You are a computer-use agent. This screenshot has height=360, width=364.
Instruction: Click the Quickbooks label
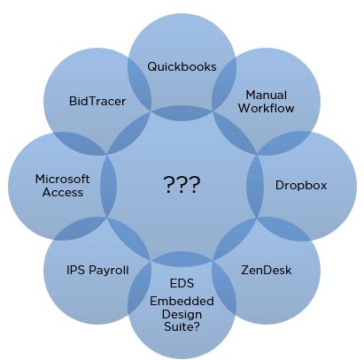182,66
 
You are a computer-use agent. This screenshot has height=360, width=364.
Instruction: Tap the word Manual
267,96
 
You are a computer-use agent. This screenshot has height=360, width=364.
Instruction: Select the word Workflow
267,108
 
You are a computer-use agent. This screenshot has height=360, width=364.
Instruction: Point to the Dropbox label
301,186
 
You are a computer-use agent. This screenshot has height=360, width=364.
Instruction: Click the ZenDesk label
267,270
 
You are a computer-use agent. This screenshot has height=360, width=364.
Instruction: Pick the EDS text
182,283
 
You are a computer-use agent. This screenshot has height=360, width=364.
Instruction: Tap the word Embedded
182,302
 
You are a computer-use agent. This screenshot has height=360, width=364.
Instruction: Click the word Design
182,314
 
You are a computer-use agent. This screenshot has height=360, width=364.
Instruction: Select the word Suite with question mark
182,326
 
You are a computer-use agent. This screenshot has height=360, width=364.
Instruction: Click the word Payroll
109,271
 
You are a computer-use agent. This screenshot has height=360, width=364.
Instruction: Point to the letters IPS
76,270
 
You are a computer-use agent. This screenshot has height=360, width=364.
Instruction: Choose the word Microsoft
62,179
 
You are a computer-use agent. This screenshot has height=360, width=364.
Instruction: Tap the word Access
62,192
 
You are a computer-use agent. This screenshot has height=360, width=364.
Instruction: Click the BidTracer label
97,101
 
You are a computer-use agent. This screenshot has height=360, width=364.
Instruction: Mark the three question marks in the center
182,184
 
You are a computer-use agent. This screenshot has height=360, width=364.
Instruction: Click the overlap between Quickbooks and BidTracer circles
139,84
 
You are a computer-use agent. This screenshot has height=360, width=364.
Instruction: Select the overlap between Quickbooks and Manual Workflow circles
224,84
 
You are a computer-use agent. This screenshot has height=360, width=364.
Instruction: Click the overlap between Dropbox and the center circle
255,186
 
